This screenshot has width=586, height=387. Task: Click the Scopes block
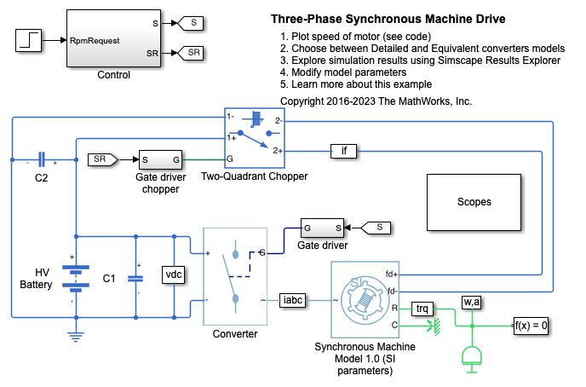click(x=474, y=203)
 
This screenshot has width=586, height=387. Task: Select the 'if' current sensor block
click(x=344, y=152)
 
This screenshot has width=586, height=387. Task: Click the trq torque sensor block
click(x=422, y=308)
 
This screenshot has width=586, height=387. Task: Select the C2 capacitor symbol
click(x=41, y=161)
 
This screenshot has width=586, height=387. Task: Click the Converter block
click(x=234, y=276)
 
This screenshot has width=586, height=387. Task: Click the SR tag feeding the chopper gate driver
click(x=101, y=159)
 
